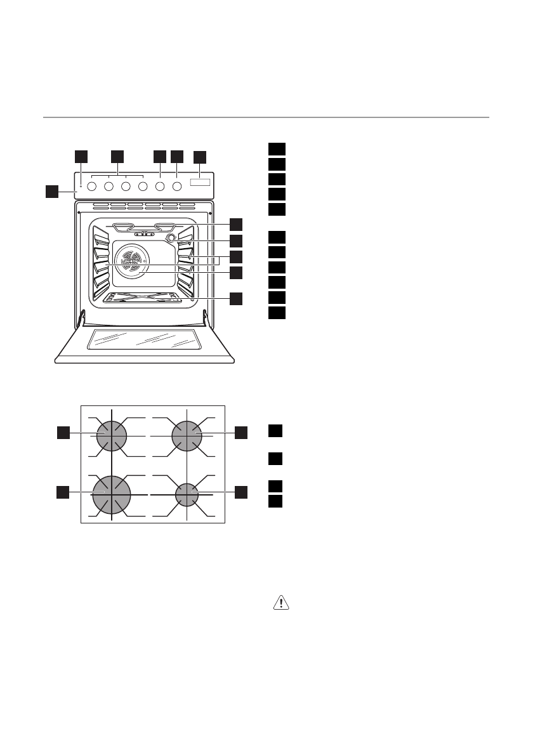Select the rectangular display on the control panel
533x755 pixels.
(x=199, y=183)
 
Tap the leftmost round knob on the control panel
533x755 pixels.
(x=91, y=187)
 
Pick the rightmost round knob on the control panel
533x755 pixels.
(x=177, y=187)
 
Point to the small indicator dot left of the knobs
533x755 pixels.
(x=81, y=187)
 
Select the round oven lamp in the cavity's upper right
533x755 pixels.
(x=170, y=239)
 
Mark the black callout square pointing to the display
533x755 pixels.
(x=200, y=155)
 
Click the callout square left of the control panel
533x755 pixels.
(x=53, y=190)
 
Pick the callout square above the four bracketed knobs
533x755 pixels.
(x=117, y=155)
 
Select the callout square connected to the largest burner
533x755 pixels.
(x=62, y=492)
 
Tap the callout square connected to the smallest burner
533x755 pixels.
(x=240, y=492)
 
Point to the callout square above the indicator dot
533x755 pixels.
(x=81, y=155)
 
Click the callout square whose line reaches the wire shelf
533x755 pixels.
(x=236, y=298)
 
